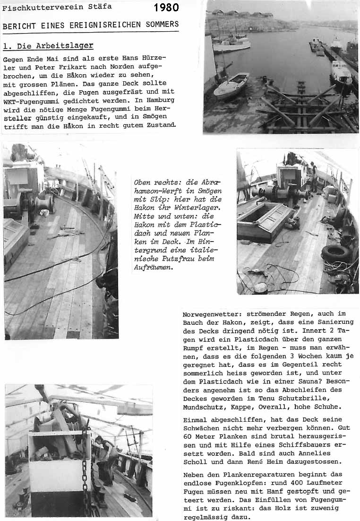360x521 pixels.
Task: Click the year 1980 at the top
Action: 166,7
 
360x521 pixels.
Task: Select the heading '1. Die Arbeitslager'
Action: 48,46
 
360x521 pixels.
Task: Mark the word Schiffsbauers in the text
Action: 318,445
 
